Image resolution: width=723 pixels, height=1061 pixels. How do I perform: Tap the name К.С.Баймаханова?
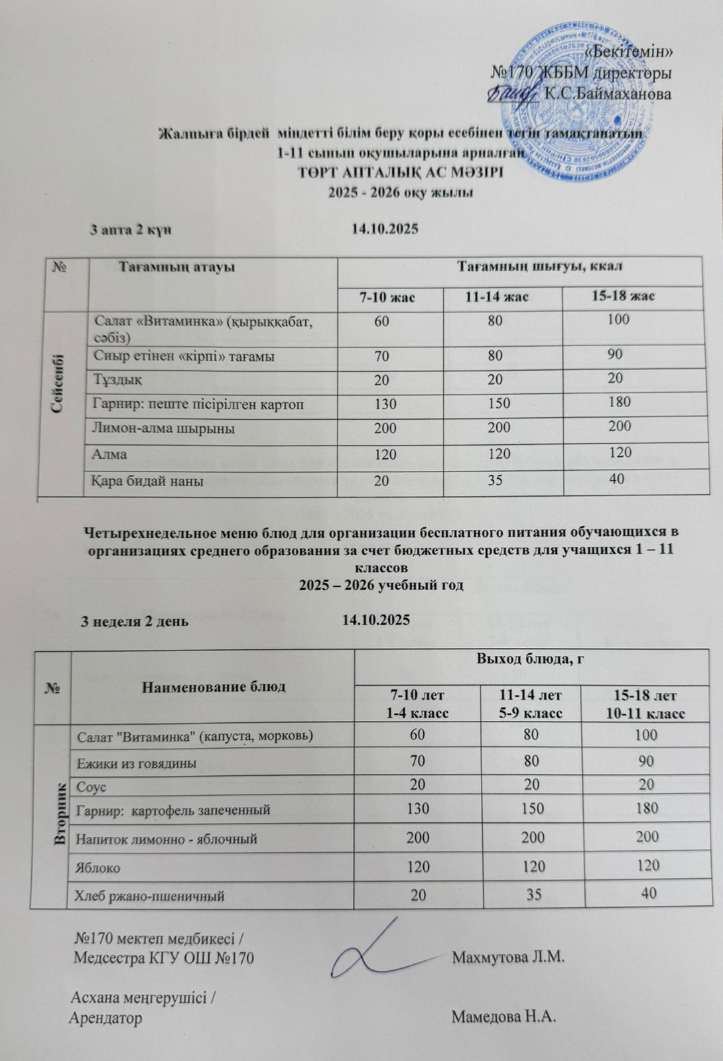pos(608,94)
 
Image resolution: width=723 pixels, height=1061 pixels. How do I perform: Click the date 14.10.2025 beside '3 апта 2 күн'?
pos(384,229)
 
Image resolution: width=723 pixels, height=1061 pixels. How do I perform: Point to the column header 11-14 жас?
pos(502,296)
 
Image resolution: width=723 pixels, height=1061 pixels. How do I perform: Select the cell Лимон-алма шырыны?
pos(164,428)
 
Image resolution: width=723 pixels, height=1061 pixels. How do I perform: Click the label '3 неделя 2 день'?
pos(134,621)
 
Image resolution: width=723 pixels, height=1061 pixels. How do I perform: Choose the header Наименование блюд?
pos(213,686)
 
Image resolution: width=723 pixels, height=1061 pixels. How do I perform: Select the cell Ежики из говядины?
pos(137,763)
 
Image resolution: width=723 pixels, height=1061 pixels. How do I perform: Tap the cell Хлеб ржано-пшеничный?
pos(151,897)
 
